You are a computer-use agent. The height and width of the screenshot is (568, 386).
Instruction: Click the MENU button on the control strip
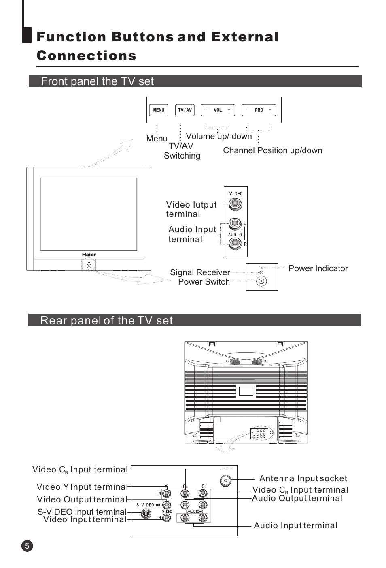159,110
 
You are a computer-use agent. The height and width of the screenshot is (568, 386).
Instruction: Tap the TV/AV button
185,110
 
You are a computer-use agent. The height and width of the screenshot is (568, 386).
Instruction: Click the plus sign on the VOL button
229,110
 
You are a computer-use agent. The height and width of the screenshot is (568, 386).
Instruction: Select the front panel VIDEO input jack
235,204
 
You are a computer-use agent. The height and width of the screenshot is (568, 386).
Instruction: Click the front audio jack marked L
235,223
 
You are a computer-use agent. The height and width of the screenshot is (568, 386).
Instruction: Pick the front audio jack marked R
235,243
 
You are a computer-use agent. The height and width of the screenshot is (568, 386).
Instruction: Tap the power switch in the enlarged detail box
261,281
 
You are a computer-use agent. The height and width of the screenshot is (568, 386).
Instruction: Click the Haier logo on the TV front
89,255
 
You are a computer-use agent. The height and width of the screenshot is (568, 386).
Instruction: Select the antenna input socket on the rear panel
225,480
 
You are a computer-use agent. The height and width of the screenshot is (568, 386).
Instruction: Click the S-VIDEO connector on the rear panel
146,514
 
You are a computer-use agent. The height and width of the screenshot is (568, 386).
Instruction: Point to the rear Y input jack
166,493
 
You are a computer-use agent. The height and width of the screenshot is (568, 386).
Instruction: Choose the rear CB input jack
185,493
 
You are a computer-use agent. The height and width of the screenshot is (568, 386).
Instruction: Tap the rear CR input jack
203,493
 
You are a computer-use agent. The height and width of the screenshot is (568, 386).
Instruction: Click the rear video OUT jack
166,505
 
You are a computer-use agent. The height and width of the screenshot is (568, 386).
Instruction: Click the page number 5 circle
27,545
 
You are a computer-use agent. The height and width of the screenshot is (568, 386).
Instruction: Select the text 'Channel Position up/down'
272,150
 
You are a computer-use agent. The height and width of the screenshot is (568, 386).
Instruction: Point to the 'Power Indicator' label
318,268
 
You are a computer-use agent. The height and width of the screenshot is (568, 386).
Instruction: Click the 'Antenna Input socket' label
303,478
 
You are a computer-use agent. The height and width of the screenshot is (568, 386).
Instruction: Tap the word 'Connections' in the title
87,56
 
